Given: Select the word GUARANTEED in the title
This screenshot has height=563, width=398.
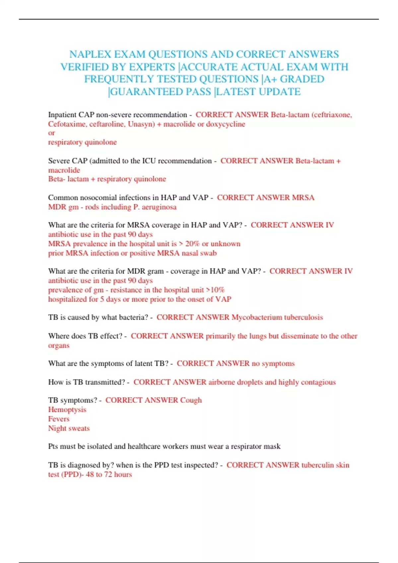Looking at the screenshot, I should [x=146, y=91].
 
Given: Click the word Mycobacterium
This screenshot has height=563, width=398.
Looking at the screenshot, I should [x=257, y=317].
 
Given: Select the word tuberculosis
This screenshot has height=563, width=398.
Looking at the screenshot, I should [x=303, y=317].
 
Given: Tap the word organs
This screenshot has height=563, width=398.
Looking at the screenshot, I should [x=59, y=345].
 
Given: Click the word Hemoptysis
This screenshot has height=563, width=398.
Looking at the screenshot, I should [x=67, y=410].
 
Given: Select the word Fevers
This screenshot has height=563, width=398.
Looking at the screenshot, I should [x=59, y=419].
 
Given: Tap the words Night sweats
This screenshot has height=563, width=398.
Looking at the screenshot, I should [x=69, y=428].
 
